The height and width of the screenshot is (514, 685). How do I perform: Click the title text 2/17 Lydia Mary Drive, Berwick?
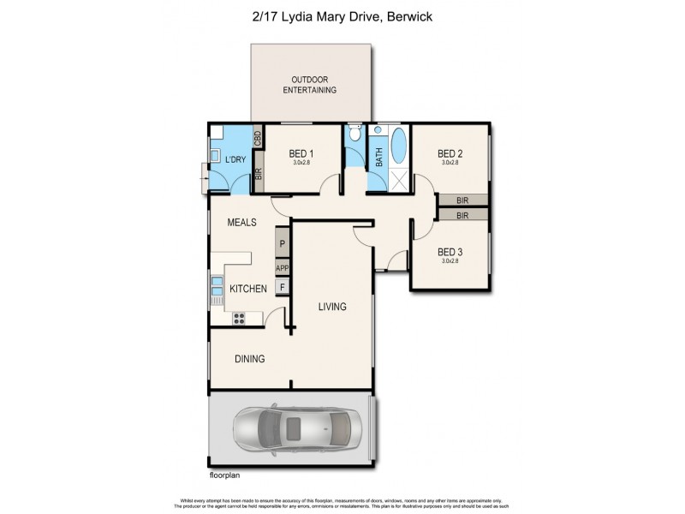(x=342, y=15)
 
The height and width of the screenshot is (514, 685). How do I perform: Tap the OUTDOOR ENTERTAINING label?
(x=310, y=84)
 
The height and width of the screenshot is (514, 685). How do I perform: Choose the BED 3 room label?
(x=450, y=252)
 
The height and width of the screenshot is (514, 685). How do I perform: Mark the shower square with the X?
(x=398, y=179)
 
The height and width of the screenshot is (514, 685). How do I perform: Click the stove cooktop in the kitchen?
(x=239, y=319)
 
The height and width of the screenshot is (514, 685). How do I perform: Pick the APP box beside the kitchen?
(x=281, y=267)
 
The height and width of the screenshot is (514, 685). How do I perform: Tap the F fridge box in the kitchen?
(x=281, y=288)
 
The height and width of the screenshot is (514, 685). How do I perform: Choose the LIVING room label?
(x=333, y=307)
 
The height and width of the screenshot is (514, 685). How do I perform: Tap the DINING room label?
(x=249, y=359)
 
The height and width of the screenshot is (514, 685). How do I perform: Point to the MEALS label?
(x=242, y=222)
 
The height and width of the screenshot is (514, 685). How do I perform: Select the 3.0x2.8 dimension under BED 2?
(x=450, y=162)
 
